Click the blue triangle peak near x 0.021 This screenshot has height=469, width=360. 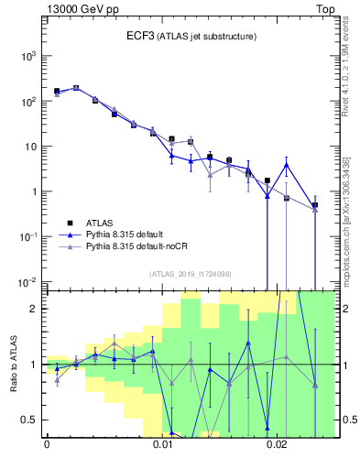287,165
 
